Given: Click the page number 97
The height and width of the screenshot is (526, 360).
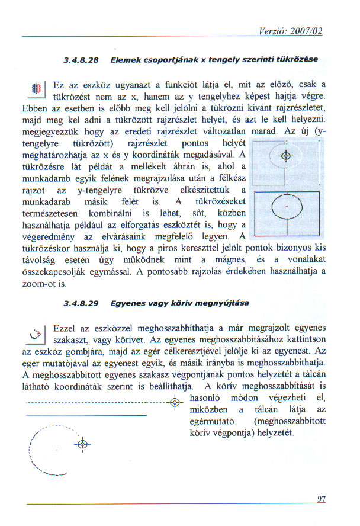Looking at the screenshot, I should pos(322,499).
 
